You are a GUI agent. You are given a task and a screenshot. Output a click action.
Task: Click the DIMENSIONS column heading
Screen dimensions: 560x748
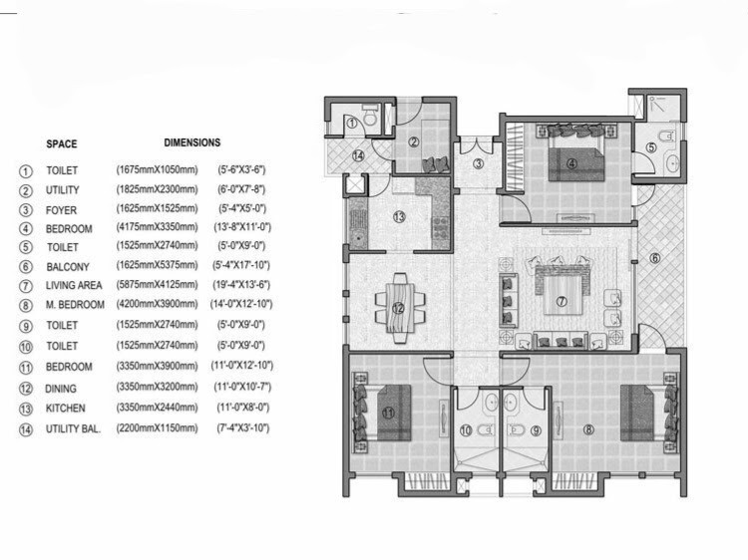[x=192, y=142]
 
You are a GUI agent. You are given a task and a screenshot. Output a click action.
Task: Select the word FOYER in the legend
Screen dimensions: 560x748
[x=62, y=209]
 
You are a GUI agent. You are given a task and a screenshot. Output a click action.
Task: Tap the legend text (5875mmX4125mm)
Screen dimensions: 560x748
[x=157, y=286]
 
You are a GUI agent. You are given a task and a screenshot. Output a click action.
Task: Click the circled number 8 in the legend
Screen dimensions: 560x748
[x=26, y=305]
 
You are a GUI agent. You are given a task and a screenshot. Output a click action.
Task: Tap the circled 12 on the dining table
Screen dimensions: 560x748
[x=399, y=309]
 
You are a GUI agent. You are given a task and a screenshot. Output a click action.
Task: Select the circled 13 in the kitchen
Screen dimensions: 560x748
[x=398, y=216]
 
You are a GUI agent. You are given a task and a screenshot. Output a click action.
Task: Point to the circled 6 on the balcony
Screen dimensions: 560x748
[x=654, y=259]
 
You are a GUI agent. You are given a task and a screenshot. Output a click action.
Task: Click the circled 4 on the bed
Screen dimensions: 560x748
[x=572, y=163]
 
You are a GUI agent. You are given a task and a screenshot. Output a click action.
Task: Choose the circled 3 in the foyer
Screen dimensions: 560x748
[x=479, y=164]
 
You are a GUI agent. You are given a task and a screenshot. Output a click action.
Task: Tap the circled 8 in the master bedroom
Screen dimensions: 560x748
[x=588, y=430]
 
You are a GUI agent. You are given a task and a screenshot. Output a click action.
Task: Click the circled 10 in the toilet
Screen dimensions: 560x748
[x=466, y=430]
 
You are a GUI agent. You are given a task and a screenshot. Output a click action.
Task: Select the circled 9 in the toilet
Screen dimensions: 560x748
[x=535, y=430]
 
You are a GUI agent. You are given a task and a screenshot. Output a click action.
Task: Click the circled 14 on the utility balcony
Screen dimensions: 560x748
[x=357, y=154]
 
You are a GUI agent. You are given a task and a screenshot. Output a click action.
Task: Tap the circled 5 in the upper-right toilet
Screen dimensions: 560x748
[x=650, y=147]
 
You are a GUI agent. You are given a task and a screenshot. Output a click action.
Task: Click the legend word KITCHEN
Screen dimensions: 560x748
[x=66, y=409]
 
